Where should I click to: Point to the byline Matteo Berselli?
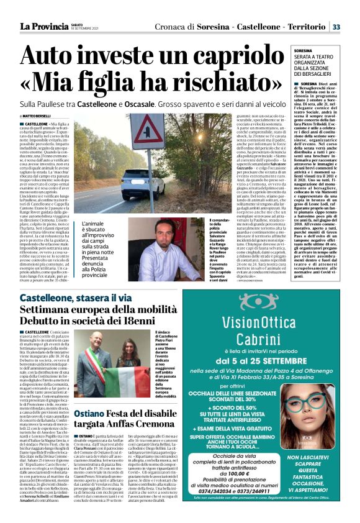coord(38,116)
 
